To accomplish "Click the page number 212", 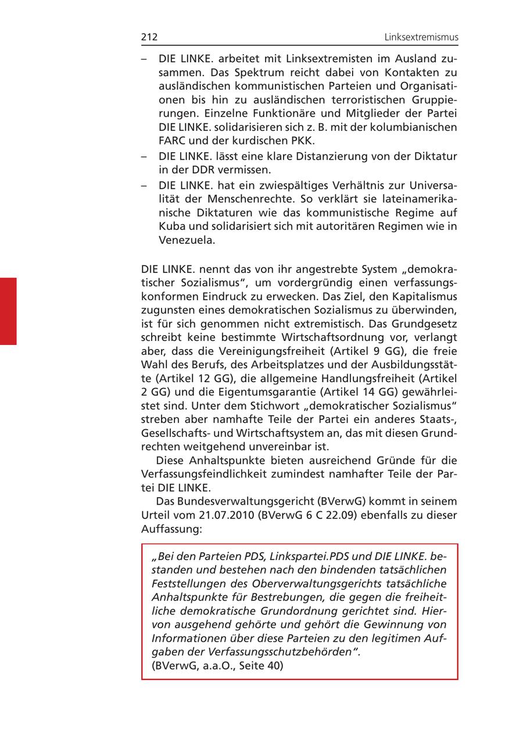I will coord(149,37).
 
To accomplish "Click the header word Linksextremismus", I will coord(421,37).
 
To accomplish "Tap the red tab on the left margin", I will coord(8,311).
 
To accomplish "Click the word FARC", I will coord(171,141).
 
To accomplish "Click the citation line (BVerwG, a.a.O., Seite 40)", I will coord(217,666).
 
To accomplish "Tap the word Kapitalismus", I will coord(419,295).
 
